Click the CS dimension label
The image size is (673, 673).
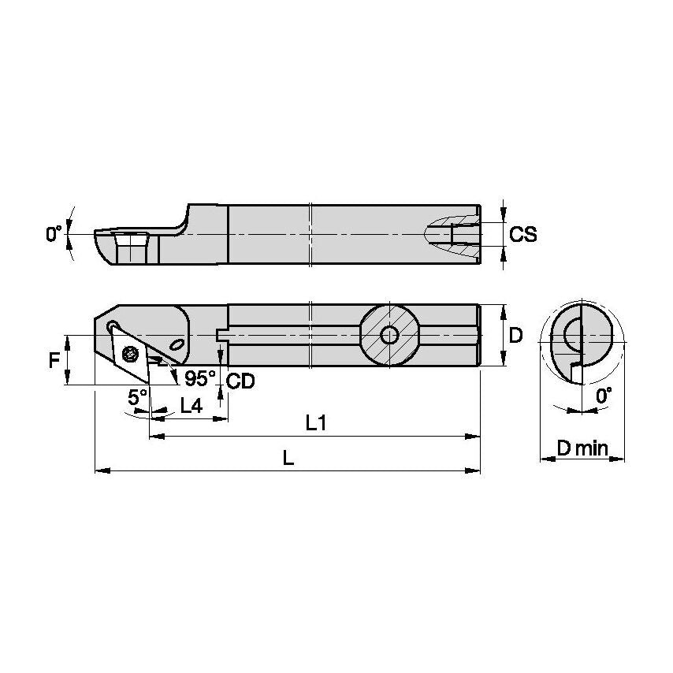(x=523, y=234)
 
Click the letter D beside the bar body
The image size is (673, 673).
(x=516, y=336)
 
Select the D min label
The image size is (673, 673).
(x=582, y=448)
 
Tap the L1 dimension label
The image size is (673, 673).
(x=316, y=423)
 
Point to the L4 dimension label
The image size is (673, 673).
(x=191, y=406)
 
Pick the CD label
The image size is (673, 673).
(x=240, y=381)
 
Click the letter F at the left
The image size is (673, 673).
(x=54, y=361)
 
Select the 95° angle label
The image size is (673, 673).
(x=200, y=378)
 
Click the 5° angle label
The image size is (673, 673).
(x=138, y=396)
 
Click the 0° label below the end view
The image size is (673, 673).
(x=603, y=397)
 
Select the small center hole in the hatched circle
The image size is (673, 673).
(x=389, y=336)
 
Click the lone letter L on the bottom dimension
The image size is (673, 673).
(x=288, y=459)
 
